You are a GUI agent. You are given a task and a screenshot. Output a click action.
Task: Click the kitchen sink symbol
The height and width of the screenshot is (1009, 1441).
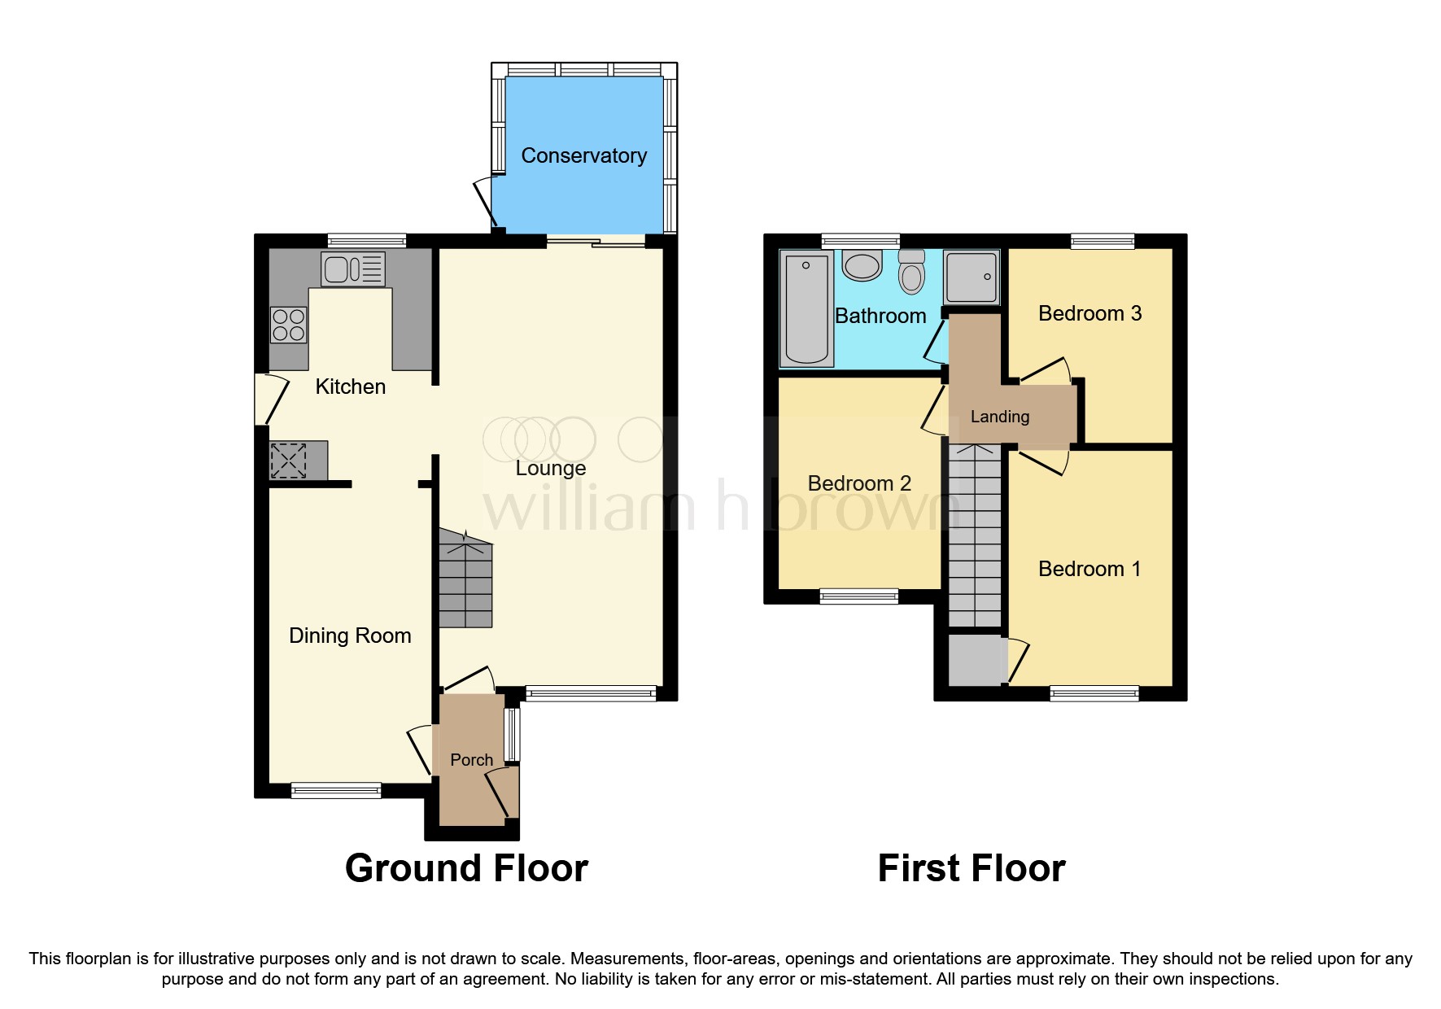pyautogui.click(x=353, y=269)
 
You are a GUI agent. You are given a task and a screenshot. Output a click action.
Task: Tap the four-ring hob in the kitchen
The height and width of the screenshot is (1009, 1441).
pyautogui.click(x=289, y=325)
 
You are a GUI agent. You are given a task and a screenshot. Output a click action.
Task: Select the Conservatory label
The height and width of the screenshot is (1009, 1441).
pyautogui.click(x=583, y=155)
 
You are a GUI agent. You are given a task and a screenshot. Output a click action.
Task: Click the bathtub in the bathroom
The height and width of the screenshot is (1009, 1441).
pyautogui.click(x=806, y=308)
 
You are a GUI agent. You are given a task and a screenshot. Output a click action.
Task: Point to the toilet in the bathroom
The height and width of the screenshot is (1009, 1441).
pyautogui.click(x=912, y=272)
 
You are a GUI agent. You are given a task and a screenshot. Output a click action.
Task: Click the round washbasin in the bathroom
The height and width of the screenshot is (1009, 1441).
pyautogui.click(x=862, y=265)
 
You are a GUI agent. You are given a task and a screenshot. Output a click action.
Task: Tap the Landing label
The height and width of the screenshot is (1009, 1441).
pyautogui.click(x=999, y=417)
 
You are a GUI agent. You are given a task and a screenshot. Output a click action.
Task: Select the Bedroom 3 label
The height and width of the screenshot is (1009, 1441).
pyautogui.click(x=1089, y=313)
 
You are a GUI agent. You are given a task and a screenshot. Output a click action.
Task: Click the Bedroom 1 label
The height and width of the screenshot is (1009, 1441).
pyautogui.click(x=1089, y=569)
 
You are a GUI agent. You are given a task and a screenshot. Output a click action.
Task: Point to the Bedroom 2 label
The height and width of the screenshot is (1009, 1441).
pyautogui.click(x=858, y=483)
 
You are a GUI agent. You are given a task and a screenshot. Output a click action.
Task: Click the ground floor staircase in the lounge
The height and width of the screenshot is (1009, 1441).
pyautogui.click(x=465, y=579)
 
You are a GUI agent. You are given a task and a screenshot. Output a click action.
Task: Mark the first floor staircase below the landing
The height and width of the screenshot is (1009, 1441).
pyautogui.click(x=975, y=537)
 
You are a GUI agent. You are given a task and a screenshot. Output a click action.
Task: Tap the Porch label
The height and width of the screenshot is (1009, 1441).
pyautogui.click(x=471, y=760)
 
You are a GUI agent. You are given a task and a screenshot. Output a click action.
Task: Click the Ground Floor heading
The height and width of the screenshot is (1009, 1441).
pyautogui.click(x=466, y=868)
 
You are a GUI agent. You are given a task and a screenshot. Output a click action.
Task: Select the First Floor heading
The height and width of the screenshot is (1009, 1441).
pyautogui.click(x=971, y=868)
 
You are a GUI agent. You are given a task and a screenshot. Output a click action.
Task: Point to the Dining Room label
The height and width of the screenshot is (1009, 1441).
pyautogui.click(x=350, y=636)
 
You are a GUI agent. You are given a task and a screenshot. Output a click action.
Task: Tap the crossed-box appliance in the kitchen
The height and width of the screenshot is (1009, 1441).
pyautogui.click(x=289, y=461)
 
